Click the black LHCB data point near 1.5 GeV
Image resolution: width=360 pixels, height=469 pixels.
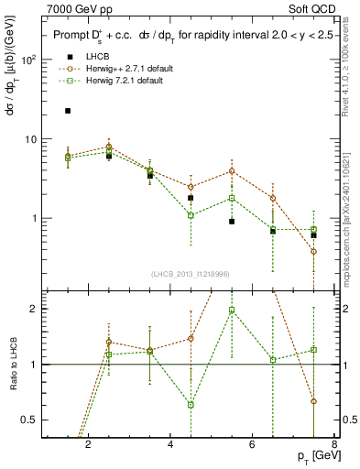67,111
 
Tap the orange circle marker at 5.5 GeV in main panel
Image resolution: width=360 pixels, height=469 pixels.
232,170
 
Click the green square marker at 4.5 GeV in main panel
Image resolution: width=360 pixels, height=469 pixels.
191,215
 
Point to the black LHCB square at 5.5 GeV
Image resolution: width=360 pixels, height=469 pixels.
232,222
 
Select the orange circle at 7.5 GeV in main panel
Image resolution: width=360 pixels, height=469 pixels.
314,251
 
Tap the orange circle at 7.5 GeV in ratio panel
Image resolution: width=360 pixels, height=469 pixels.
314,401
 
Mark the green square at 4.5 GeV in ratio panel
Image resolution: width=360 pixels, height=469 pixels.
191,405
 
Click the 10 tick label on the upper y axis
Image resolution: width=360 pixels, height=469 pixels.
29,139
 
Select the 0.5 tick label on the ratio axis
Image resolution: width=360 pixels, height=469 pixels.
28,420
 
